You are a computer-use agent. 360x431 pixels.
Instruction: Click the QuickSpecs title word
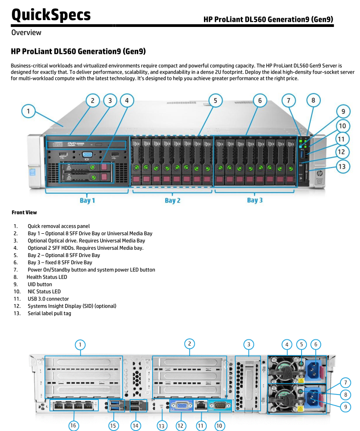click(x=51, y=15)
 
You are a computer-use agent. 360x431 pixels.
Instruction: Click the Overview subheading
click(x=26, y=32)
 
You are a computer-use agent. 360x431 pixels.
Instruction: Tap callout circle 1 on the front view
click(x=28, y=111)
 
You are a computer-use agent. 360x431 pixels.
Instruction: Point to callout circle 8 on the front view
click(x=313, y=100)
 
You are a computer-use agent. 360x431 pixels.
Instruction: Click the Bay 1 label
click(x=85, y=200)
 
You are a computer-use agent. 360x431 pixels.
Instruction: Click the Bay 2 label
click(x=172, y=200)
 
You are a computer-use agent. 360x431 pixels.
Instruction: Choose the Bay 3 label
click(x=255, y=200)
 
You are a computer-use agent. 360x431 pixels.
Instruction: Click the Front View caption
click(x=24, y=212)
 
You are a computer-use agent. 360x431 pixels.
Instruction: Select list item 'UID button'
click(x=40, y=284)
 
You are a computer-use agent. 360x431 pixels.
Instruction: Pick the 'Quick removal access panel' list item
click(x=58, y=226)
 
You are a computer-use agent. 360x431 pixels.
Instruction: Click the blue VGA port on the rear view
click(x=181, y=405)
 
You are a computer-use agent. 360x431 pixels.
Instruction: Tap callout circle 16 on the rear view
click(x=73, y=426)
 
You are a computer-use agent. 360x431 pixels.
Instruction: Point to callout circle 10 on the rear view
click(x=219, y=426)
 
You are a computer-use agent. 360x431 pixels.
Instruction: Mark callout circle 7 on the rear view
click(x=346, y=382)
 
